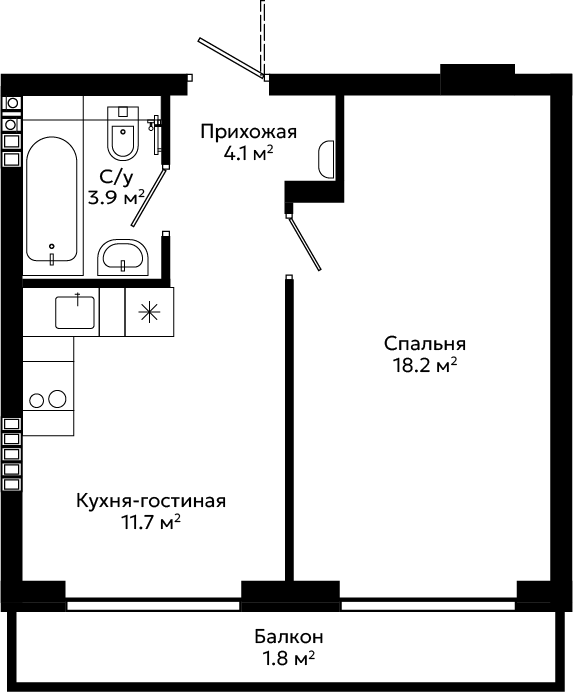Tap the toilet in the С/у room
pos(123,133)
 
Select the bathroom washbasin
pos(123,257)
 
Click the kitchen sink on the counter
pos(75,312)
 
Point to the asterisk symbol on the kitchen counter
pos(149,312)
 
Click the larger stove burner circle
pos(57,399)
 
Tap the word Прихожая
pos(249,132)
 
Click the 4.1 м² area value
pos(249,154)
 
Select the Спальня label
pos(425,344)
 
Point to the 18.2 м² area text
pos(425,365)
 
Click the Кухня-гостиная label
pos(151,501)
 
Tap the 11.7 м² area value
pos(151,523)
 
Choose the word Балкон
pos(289,637)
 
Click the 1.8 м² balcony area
pos(289,658)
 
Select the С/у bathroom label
pos(116,177)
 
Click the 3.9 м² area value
pos(117,198)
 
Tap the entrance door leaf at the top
pos(231,58)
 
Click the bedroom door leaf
pos(305,243)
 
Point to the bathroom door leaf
pos(149,197)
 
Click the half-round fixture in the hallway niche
pos(326,159)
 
